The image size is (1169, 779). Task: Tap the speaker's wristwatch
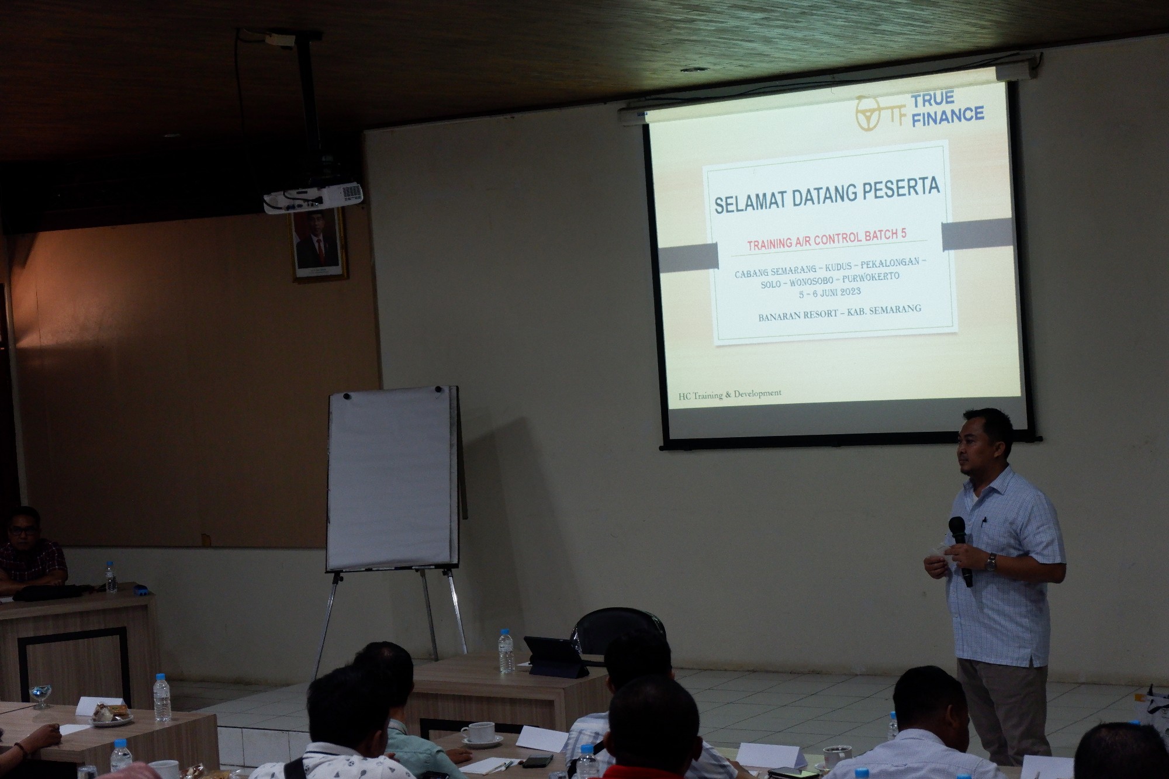[990, 562]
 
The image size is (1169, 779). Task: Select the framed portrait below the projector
[318, 244]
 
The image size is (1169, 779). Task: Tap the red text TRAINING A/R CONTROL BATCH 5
[826, 239]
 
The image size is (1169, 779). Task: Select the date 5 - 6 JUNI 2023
[830, 292]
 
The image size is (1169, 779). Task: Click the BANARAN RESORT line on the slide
[839, 313]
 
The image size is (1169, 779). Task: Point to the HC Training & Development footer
[729, 394]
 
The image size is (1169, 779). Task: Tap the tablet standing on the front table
[555, 657]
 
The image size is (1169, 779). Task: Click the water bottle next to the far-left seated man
[110, 577]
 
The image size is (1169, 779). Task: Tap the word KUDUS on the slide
[839, 266]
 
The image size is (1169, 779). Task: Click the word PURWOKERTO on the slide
[870, 277]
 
